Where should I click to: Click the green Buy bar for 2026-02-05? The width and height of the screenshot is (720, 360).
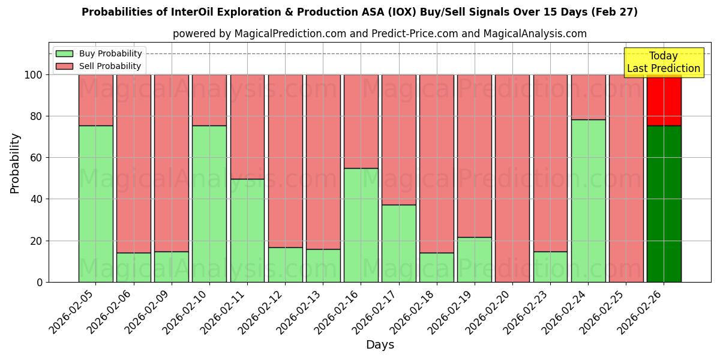pyautogui.click(x=95, y=204)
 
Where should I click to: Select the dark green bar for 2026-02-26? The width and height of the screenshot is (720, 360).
pyautogui.click(x=664, y=204)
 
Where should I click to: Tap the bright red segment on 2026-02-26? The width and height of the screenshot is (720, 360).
pyautogui.click(x=664, y=101)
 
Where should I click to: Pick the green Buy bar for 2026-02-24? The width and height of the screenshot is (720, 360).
pyautogui.click(x=588, y=201)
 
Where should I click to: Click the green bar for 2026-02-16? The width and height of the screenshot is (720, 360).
pyautogui.click(x=361, y=225)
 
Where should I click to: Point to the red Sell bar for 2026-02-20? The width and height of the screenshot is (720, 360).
pyautogui.click(x=512, y=178)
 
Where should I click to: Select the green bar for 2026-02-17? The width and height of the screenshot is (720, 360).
pyautogui.click(x=398, y=243)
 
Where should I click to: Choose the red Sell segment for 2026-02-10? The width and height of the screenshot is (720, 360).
pyautogui.click(x=209, y=100)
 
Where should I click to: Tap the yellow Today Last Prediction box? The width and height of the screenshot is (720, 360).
pyautogui.click(x=663, y=62)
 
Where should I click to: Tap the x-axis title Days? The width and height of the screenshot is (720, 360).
pyautogui.click(x=380, y=345)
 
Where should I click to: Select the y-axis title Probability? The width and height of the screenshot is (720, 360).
pyautogui.click(x=15, y=163)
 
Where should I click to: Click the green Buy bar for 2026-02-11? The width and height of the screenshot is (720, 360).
pyautogui.click(x=247, y=230)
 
